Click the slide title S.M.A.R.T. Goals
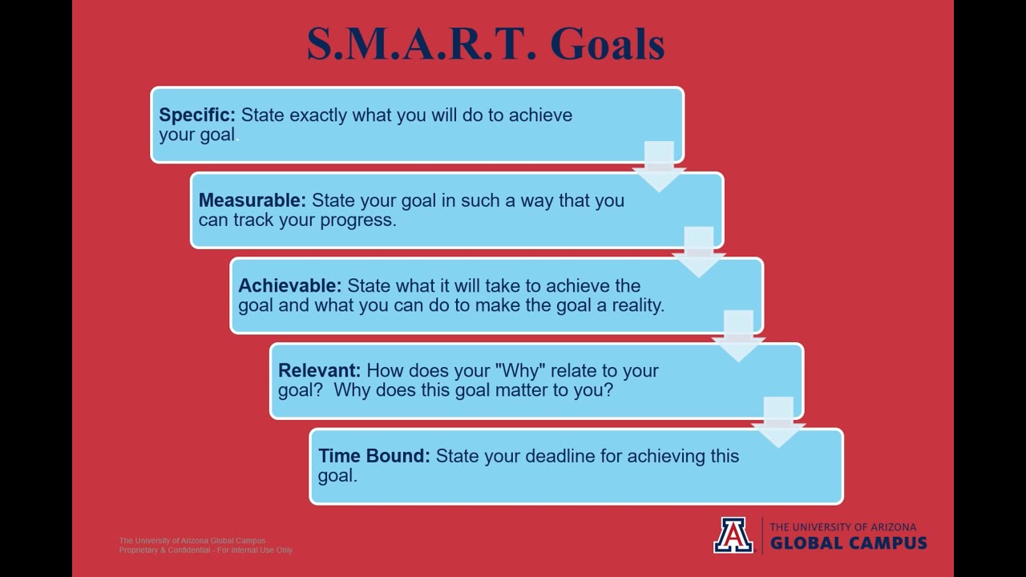point(486,44)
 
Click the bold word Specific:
point(197,115)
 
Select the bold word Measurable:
point(252,200)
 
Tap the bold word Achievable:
point(289,286)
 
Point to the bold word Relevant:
point(319,371)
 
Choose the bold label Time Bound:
point(374,456)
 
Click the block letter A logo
point(733,535)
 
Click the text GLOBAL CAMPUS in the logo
point(848,543)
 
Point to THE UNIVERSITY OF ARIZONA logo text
point(842,527)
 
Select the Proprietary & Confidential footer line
point(205,551)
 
